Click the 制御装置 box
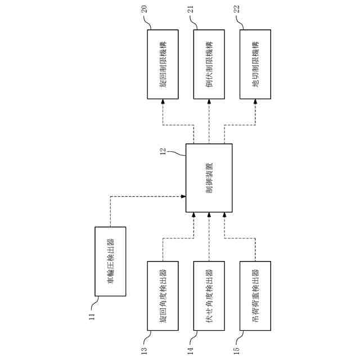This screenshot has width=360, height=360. (209, 178)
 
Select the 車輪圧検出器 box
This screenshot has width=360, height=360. (110, 261)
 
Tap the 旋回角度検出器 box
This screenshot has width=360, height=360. (163, 295)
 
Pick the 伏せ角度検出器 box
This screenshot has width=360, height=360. (209, 295)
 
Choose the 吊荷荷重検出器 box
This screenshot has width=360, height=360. (255, 295)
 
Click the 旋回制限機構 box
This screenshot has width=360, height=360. (163, 64)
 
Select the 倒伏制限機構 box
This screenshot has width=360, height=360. (209, 64)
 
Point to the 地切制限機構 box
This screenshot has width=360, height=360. (255, 64)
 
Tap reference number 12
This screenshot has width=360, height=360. (163, 151)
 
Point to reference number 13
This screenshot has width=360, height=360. (145, 349)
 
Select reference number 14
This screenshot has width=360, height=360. (191, 349)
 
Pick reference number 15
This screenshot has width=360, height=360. (237, 349)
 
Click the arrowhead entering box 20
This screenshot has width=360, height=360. (163, 102)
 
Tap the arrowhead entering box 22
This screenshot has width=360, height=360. (255, 102)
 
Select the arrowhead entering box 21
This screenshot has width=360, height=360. (209, 102)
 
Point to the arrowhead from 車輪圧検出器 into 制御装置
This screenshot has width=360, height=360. (183, 196)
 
